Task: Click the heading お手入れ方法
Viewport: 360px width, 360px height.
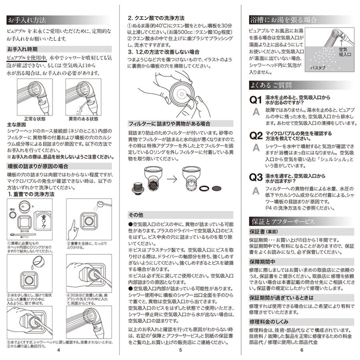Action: (27, 20)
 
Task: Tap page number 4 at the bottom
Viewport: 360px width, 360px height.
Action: (58, 350)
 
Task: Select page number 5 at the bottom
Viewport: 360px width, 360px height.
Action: (180, 350)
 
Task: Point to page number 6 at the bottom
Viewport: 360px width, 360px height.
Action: (302, 350)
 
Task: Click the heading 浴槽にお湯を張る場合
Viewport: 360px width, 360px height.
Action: (283, 20)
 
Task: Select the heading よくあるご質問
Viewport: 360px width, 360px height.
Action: (270, 85)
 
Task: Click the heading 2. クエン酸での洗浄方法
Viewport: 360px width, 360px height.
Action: (156, 18)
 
